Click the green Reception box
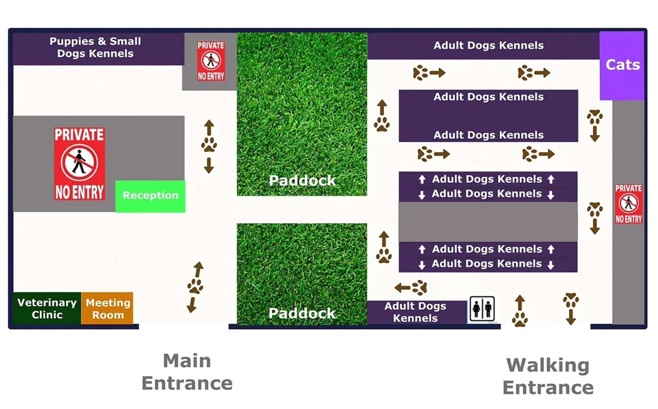pos(150,196)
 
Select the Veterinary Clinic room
pos(47,308)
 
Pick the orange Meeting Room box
pos(107,308)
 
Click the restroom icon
pos(482,309)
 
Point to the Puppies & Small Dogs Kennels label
pos(95,47)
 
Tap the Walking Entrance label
pos(548,376)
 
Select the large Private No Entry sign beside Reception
pos(79,164)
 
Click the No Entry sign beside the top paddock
pos(211,61)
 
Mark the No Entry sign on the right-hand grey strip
pos(628,204)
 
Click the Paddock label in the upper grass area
pos(302,180)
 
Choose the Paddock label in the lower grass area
pos(302,313)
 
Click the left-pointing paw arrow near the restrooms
pos(411,287)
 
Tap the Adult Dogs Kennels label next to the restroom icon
pos(415,312)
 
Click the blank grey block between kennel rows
pos(488,222)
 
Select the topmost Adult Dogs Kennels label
pos(488,45)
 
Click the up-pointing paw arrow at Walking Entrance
pos(520,311)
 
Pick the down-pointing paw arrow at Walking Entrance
pos(571,309)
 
